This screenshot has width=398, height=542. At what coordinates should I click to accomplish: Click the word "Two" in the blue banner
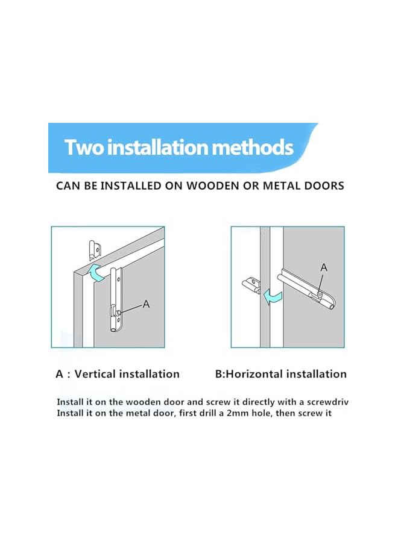pyautogui.click(x=83, y=148)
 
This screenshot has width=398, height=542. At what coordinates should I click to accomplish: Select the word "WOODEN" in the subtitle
pyautogui.click(x=218, y=185)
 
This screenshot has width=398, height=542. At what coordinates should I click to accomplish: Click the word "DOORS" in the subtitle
pyautogui.click(x=324, y=185)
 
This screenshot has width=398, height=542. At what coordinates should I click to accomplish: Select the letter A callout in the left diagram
pyautogui.click(x=146, y=305)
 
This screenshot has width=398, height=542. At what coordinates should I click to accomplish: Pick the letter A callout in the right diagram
pyautogui.click(x=323, y=267)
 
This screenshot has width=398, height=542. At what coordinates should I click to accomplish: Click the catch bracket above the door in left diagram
pyautogui.click(x=93, y=248)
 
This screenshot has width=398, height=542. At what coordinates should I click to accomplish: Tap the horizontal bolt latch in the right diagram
pyautogui.click(x=307, y=290)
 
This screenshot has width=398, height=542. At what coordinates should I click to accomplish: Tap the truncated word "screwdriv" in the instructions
pyautogui.click(x=314, y=402)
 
